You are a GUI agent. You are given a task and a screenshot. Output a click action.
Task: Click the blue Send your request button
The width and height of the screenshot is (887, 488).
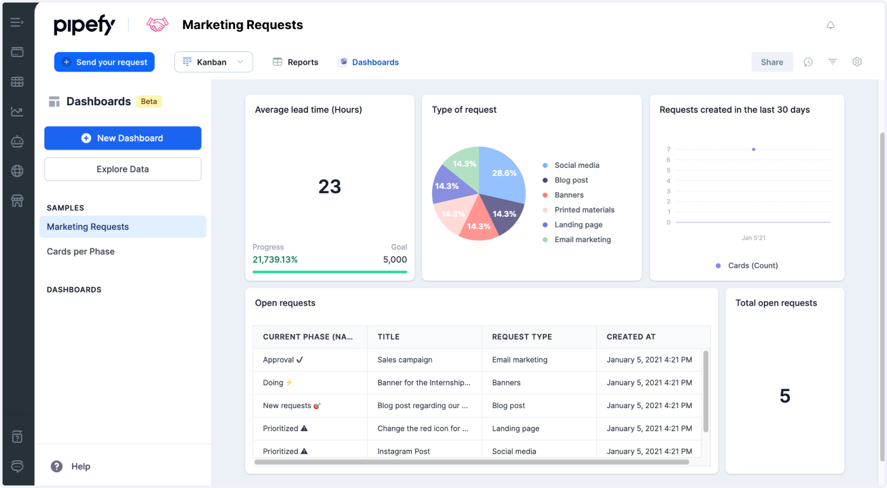[105, 62]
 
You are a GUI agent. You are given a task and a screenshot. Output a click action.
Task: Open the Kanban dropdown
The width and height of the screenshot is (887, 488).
[214, 62]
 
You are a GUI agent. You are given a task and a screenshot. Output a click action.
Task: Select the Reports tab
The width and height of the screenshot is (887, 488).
[296, 62]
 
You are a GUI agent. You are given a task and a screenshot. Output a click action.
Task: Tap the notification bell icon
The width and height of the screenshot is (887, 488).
[831, 25]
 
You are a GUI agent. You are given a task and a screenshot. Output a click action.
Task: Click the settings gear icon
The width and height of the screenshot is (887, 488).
[857, 62]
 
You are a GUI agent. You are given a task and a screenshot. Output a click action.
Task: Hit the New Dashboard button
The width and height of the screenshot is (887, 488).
[123, 138]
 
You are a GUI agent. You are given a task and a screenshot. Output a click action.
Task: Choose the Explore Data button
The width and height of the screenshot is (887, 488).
[123, 169]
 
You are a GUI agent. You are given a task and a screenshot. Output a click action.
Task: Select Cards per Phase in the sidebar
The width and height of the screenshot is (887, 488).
[80, 252]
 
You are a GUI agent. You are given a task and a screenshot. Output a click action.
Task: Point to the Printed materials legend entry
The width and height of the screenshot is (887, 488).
[584, 210]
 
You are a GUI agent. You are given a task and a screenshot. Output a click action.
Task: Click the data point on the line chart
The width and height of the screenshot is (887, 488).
[753, 150]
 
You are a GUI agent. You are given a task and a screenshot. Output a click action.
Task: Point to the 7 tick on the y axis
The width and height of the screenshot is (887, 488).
[668, 150]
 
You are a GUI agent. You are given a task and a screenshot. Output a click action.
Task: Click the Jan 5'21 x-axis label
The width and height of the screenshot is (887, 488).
[753, 238]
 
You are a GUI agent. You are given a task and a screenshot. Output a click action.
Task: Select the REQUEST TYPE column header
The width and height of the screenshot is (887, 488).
[522, 337]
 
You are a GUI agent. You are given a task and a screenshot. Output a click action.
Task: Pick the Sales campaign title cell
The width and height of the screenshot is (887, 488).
[405, 360]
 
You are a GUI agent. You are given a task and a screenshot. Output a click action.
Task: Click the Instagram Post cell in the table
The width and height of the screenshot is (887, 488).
[404, 451]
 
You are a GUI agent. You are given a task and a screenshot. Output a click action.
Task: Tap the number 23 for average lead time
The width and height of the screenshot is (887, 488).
[329, 186]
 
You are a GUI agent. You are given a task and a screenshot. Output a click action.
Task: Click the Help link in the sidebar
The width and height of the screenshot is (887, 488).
[80, 466]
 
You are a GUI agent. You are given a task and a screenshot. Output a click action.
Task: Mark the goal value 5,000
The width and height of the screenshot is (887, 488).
[395, 260]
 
